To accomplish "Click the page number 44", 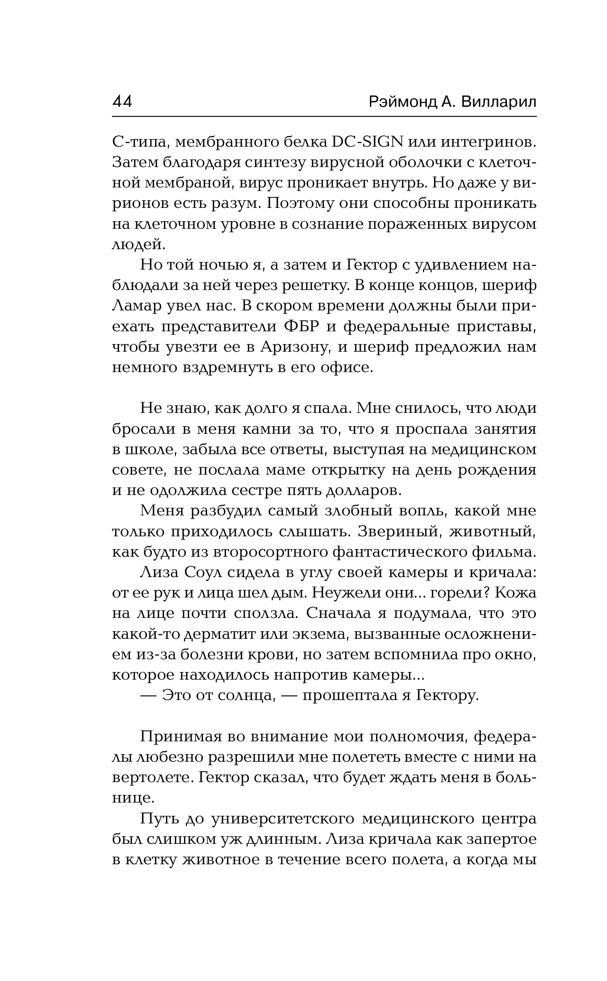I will [122, 102].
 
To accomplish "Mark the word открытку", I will [354, 470].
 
